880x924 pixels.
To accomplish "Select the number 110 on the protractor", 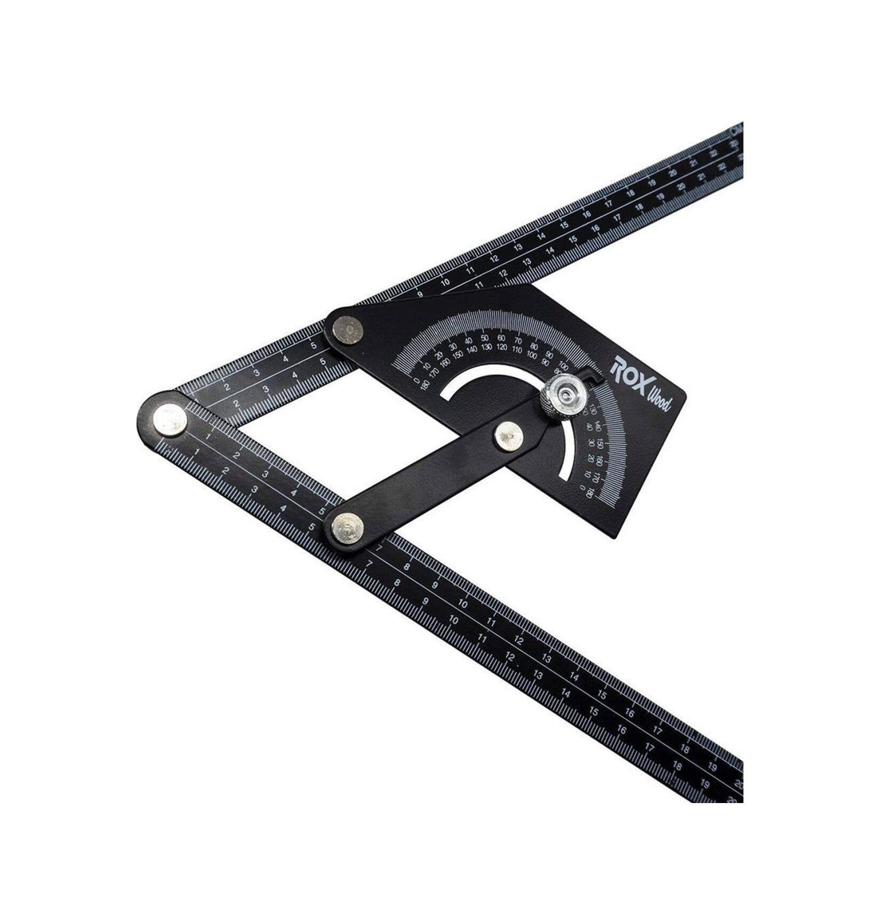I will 516,350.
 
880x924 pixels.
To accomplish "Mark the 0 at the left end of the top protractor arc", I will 417,380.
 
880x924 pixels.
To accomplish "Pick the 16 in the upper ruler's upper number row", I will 587,215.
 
